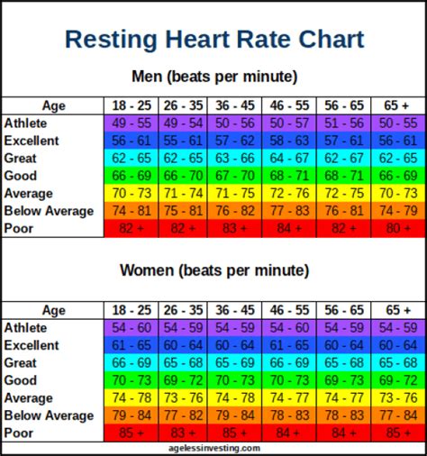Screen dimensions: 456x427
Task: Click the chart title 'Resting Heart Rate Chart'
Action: tap(214, 40)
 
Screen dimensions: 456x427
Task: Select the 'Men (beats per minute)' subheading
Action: tap(213, 77)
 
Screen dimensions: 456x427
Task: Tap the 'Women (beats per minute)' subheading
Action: tap(213, 270)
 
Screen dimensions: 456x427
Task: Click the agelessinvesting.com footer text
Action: tap(213, 448)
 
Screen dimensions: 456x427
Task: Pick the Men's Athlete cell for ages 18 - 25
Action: tap(132, 123)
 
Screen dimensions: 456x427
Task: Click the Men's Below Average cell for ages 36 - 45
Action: tap(235, 211)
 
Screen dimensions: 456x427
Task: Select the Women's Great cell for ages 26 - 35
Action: tap(184, 362)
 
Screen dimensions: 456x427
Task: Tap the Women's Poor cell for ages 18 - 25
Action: tap(132, 433)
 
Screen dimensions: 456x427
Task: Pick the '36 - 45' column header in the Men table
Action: tap(235, 105)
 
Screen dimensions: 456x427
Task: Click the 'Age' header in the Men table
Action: tap(53, 105)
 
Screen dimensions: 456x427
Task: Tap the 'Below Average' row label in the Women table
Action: tap(49, 415)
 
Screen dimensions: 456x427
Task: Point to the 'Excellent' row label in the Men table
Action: tap(32, 141)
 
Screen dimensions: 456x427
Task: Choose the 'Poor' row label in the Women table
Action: tap(19, 433)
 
